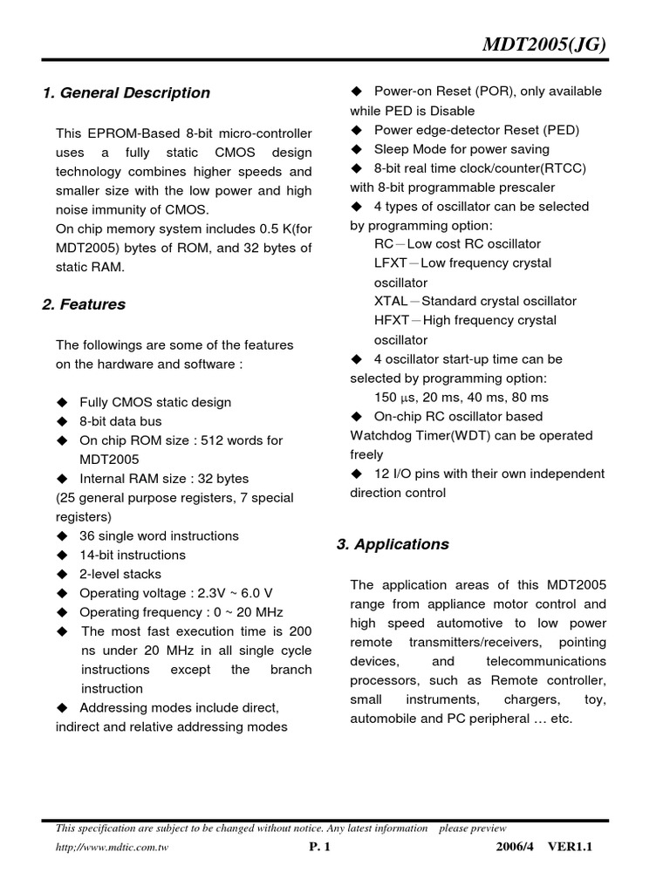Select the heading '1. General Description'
coord(126,92)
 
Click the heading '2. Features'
coord(84,304)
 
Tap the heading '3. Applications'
coord(393,544)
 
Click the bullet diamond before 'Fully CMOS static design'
coord(62,402)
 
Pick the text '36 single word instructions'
coord(159,535)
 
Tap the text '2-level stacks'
coord(120,574)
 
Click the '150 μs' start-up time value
coord(398,397)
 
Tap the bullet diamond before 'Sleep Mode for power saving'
coord(357,149)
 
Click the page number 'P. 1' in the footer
coord(320,846)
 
